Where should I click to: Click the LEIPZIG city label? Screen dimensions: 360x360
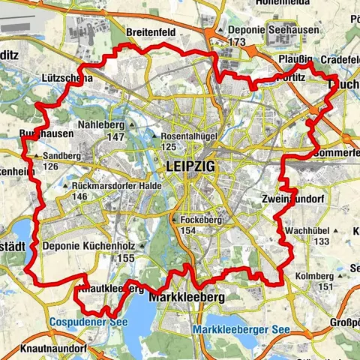pyautogui.click(x=187, y=167)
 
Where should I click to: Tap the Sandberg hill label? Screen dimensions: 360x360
pyautogui.click(x=61, y=155)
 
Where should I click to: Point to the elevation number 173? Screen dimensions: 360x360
pyautogui.click(x=237, y=43)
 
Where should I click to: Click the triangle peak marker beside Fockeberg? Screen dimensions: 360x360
pyautogui.click(x=173, y=220)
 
